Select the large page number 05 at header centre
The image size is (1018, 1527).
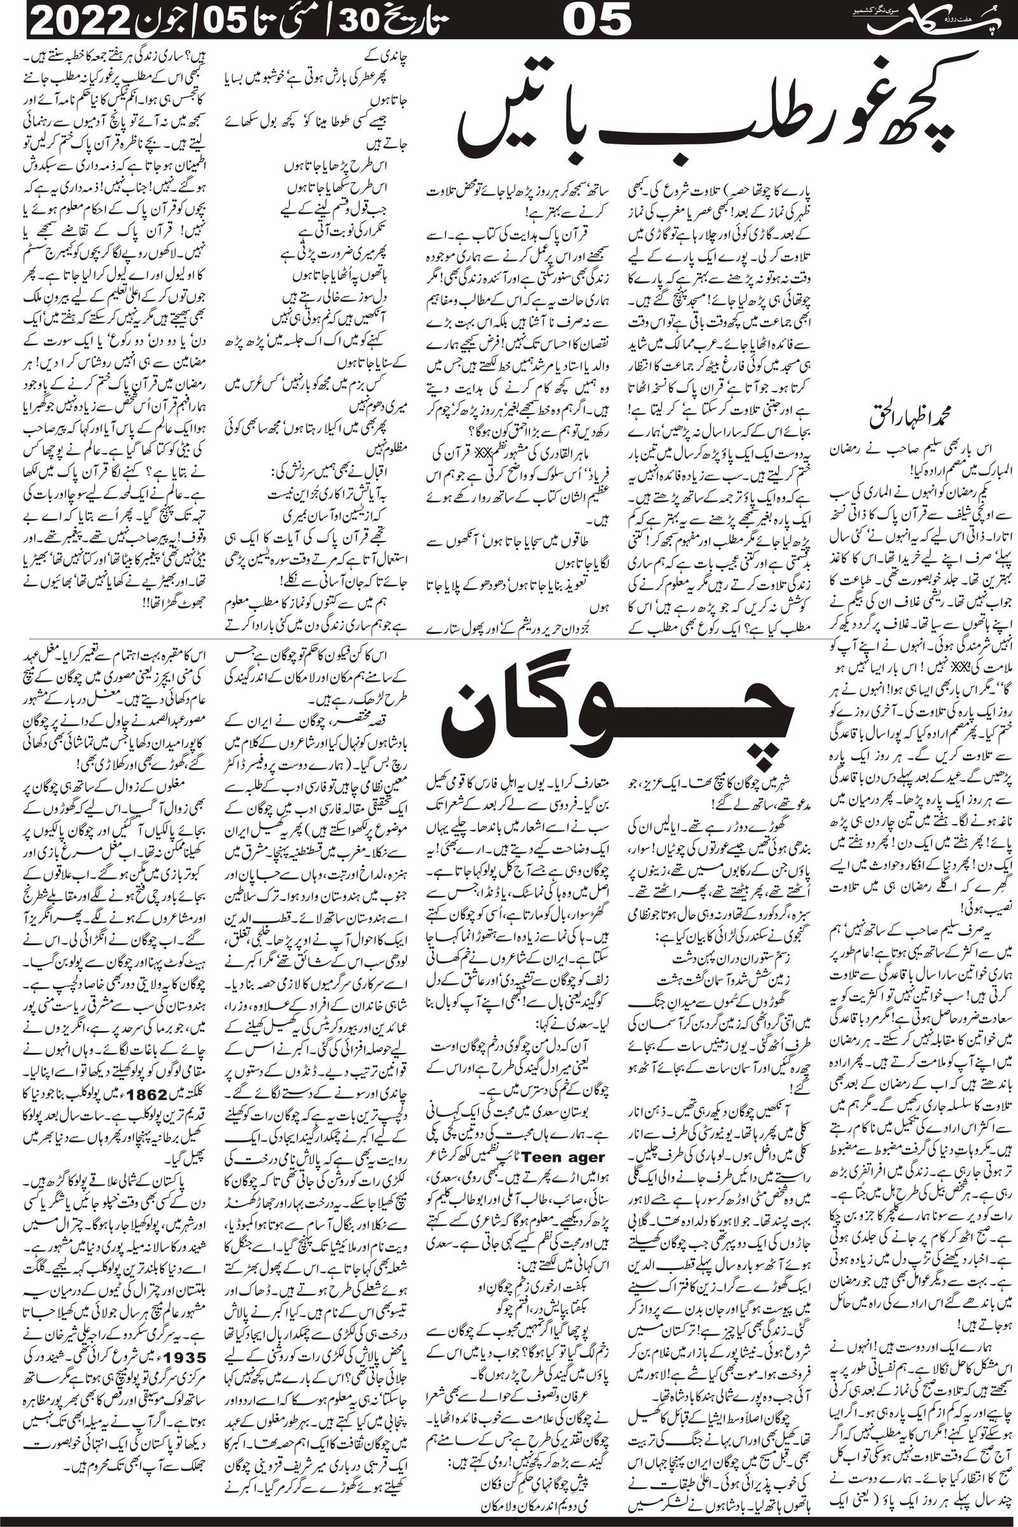coord(597,20)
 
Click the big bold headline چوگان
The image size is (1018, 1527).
coord(617,721)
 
